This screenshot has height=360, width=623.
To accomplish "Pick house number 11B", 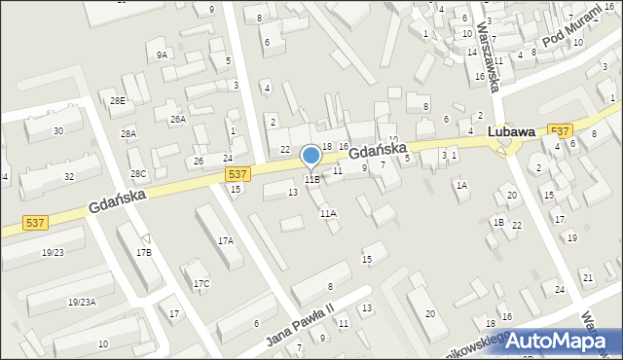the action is (311, 180).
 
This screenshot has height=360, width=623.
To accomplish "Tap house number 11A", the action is (328, 213).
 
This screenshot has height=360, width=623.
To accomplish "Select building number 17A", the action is (226, 240).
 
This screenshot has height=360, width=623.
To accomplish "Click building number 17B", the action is (144, 253).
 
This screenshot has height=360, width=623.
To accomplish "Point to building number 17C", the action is (202, 284).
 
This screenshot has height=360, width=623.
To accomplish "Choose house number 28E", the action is (118, 101).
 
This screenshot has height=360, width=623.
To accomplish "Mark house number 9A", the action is (162, 55).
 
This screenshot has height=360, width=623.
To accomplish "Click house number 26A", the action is (177, 120).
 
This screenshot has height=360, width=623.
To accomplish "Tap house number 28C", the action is (138, 174).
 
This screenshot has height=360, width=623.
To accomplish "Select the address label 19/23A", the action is (82, 303).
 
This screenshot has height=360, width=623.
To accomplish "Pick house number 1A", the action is (461, 185).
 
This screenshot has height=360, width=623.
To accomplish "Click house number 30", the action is (58, 130).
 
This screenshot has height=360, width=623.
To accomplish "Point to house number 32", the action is (68, 176).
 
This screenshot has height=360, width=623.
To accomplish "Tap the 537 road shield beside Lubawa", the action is (560, 131).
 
